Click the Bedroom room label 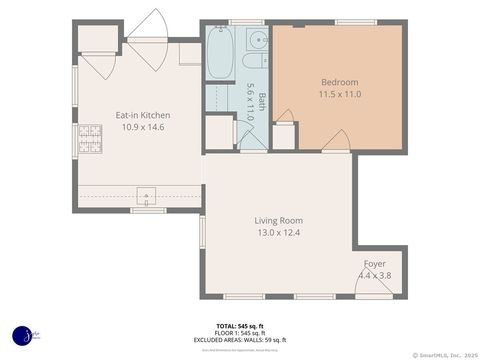click(x=339, y=82)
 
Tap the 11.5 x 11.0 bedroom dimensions click(x=339, y=94)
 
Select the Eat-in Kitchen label click(x=142, y=115)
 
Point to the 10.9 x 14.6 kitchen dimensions click(x=142, y=127)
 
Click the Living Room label click(x=278, y=220)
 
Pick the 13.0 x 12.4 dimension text click(x=278, y=232)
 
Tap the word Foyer click(x=375, y=263)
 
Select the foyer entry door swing click(x=372, y=284)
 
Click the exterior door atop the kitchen click(x=148, y=25)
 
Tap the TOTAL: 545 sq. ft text click(x=239, y=326)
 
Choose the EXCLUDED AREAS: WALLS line click(x=239, y=340)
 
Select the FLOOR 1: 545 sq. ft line click(x=239, y=333)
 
